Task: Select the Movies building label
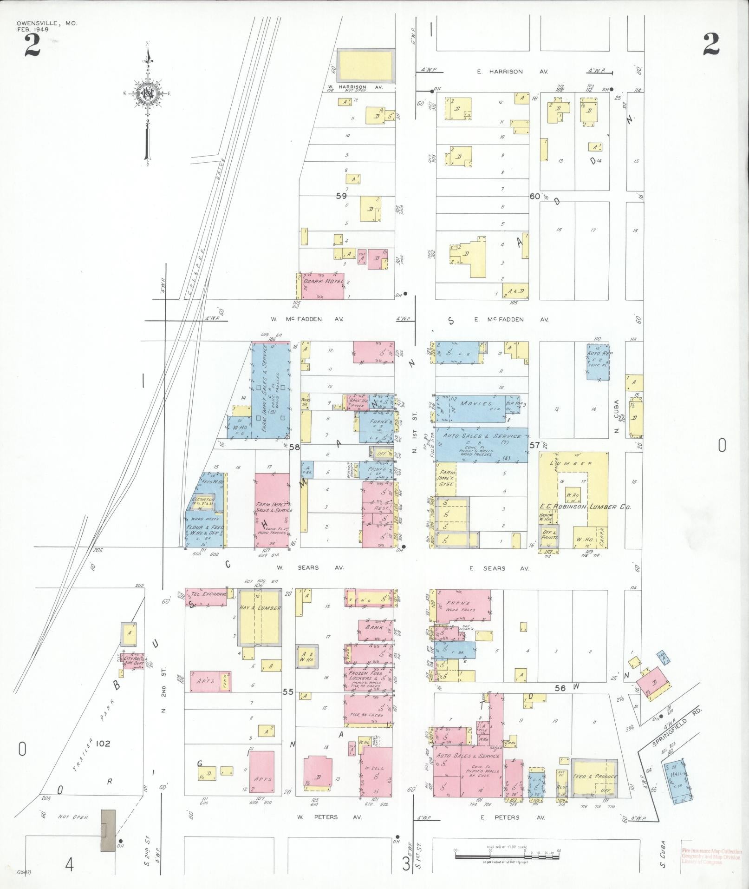click(475, 403)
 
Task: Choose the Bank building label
click(374, 627)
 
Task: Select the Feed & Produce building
click(594, 777)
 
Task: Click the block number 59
click(341, 196)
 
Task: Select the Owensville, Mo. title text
click(47, 23)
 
